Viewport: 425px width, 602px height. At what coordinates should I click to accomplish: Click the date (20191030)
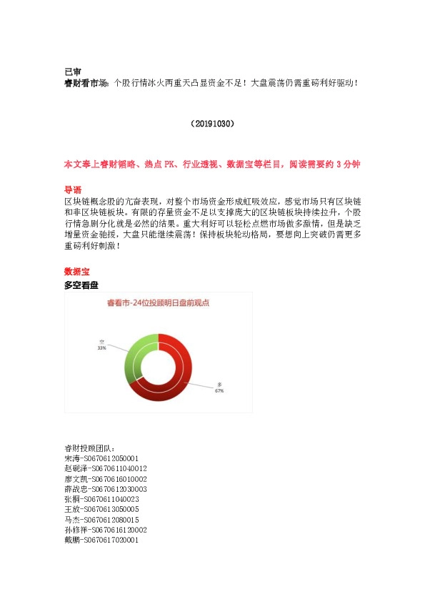(x=212, y=124)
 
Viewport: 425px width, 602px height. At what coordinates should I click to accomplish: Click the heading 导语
(x=72, y=190)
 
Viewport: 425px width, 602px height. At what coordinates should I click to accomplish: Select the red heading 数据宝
(x=76, y=272)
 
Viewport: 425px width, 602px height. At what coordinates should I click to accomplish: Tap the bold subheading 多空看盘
(x=81, y=285)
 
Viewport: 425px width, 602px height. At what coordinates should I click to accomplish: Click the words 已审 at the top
(x=72, y=71)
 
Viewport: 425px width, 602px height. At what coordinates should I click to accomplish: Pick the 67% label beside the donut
(x=219, y=391)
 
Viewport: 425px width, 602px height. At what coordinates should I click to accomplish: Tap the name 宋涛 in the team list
(x=72, y=458)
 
